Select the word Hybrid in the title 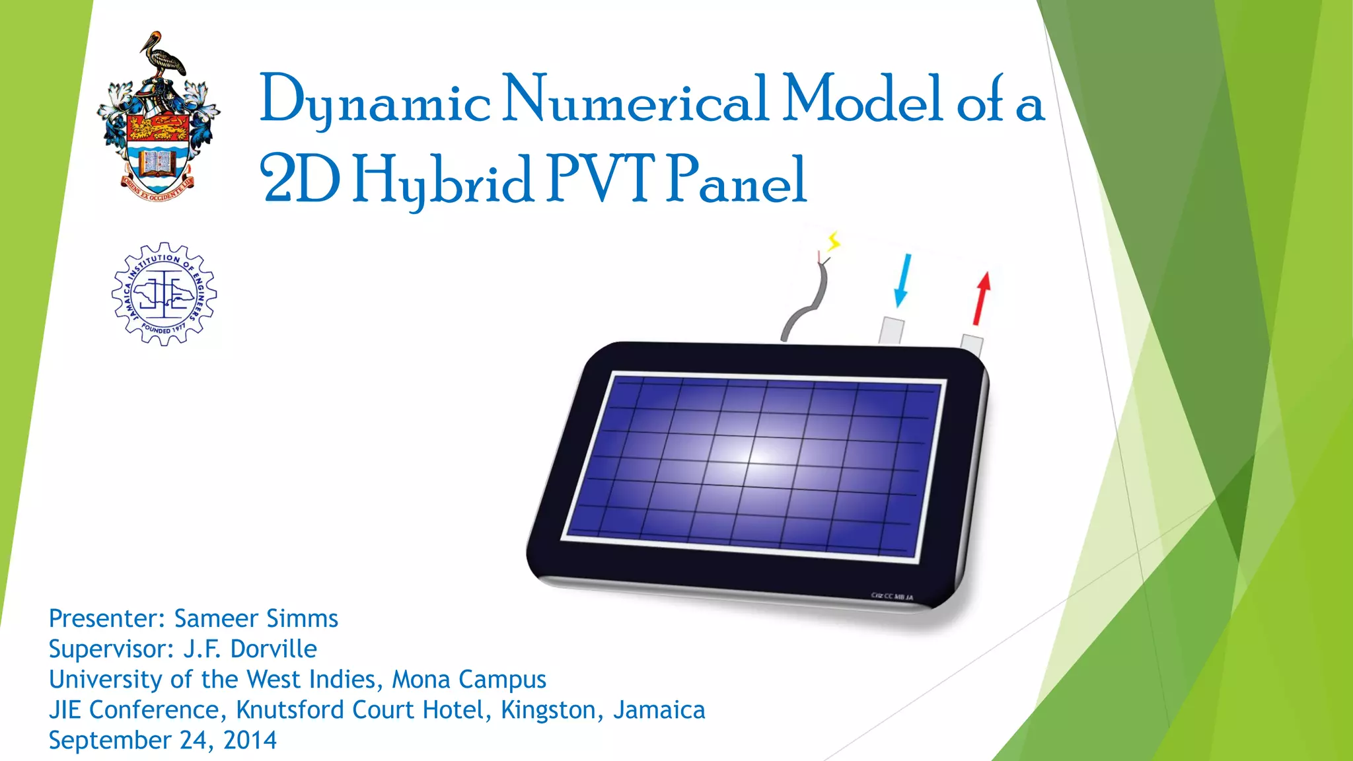(x=442, y=180)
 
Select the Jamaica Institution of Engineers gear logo (x=164, y=294)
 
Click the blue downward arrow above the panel (x=902, y=280)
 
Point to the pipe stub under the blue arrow (x=891, y=330)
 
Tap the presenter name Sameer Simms (x=256, y=619)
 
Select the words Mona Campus (x=469, y=680)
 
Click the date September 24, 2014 (x=163, y=741)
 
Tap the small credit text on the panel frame (x=892, y=597)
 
